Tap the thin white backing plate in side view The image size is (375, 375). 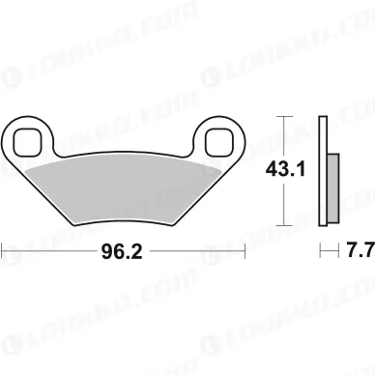tap(323, 170)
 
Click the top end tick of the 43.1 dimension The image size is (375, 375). tap(283, 117)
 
